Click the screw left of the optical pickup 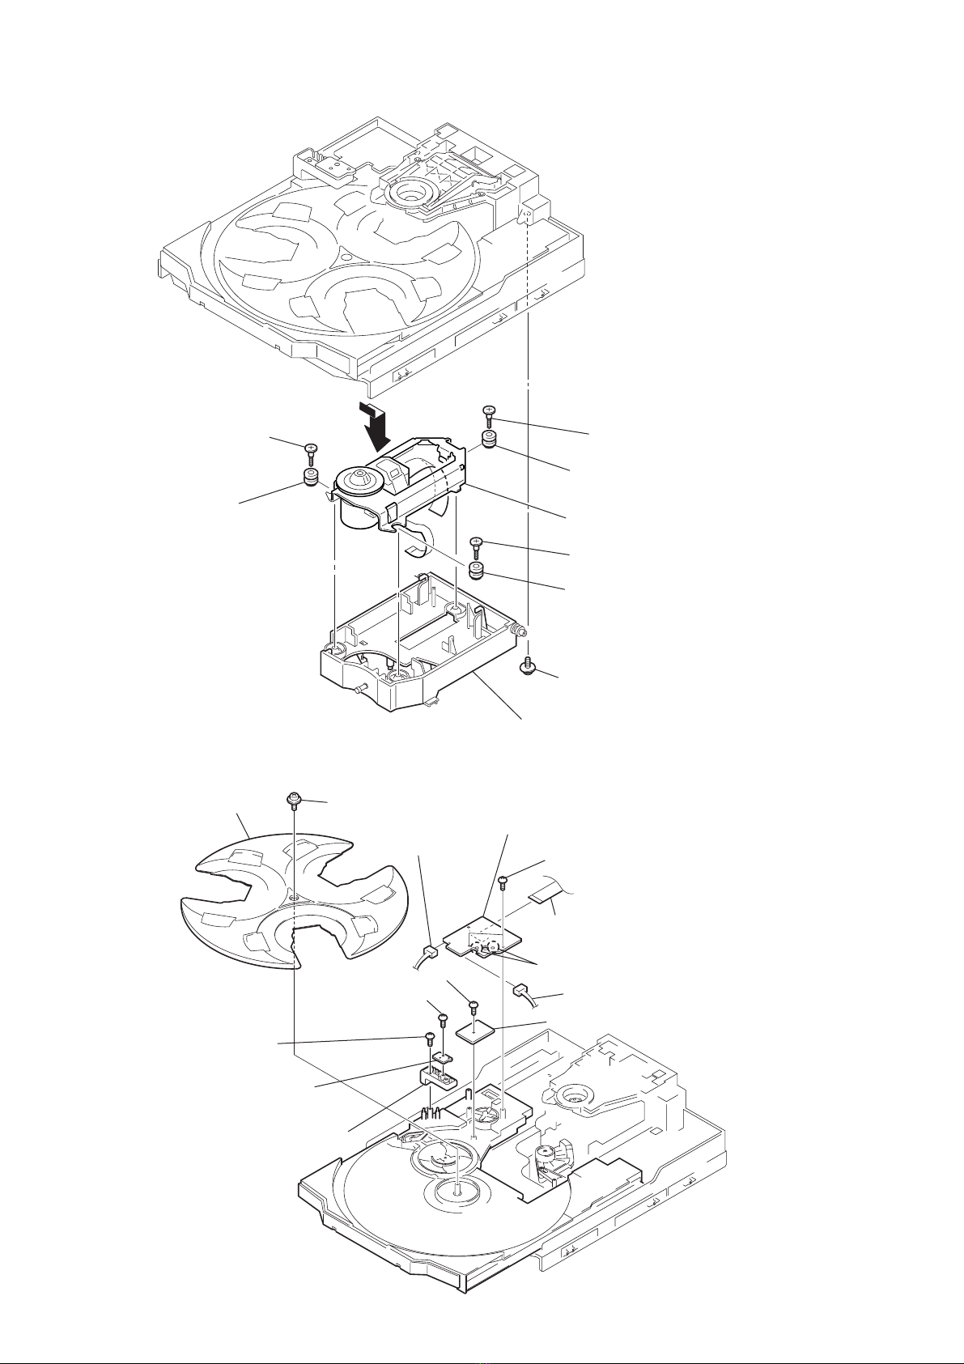tap(311, 450)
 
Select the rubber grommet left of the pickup tap(310, 476)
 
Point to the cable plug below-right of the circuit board tap(520, 989)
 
